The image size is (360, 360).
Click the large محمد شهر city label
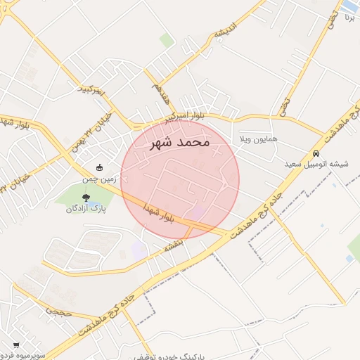[181, 142]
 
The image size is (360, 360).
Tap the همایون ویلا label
[258, 139]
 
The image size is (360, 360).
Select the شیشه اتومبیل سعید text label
[316, 164]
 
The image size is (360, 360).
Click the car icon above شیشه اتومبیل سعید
[316, 153]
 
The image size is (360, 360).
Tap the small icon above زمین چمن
[99, 168]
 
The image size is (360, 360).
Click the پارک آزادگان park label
[86, 209]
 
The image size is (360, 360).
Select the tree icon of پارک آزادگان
[86, 198]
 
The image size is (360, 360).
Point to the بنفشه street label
[173, 245]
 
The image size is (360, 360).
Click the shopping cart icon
[15, 345]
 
